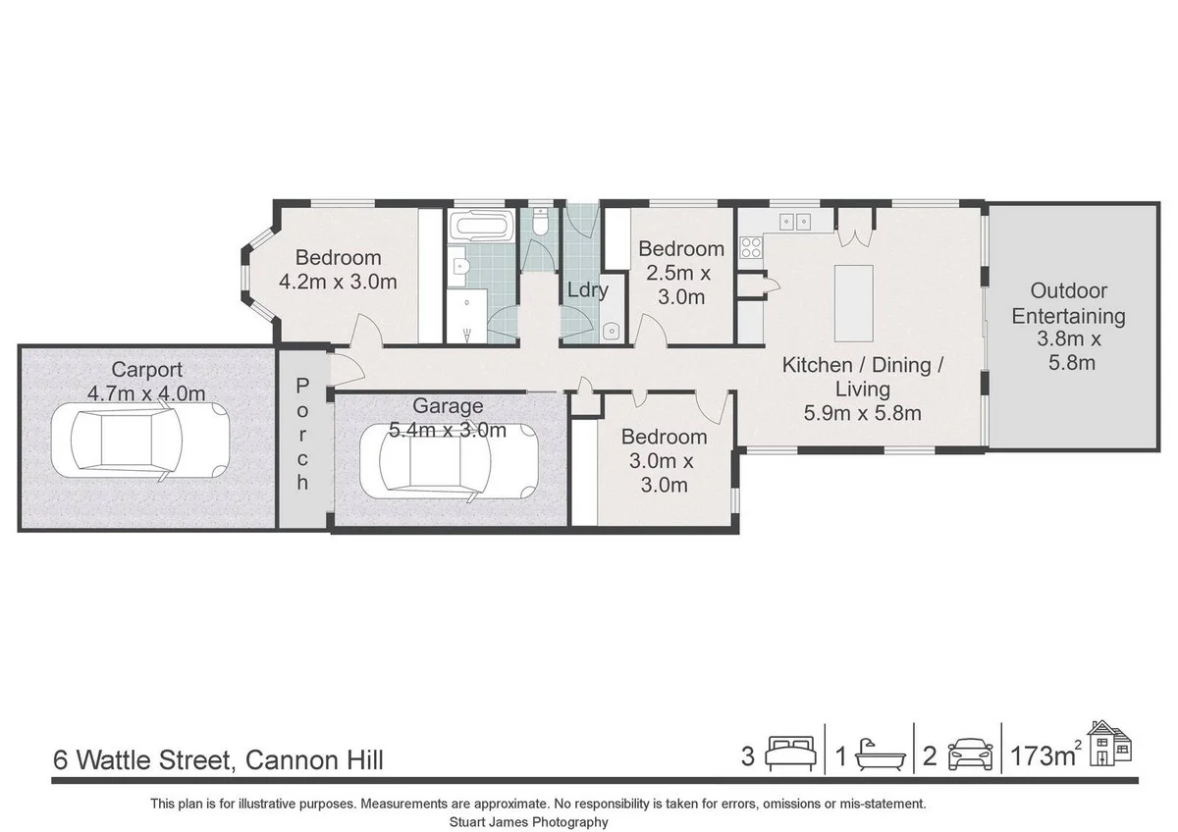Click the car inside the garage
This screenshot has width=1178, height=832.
tap(448, 461)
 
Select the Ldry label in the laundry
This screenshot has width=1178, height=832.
tap(587, 290)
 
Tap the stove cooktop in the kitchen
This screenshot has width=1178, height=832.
tap(751, 246)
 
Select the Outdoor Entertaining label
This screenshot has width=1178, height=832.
tap(1068, 303)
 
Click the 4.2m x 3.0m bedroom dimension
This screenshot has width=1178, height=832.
tap(338, 283)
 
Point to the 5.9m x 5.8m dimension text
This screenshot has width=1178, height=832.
tap(862, 413)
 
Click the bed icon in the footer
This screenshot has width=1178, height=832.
tap(790, 755)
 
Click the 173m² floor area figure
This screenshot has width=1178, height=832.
tap(1044, 756)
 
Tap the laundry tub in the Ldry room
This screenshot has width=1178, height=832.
tap(610, 332)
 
